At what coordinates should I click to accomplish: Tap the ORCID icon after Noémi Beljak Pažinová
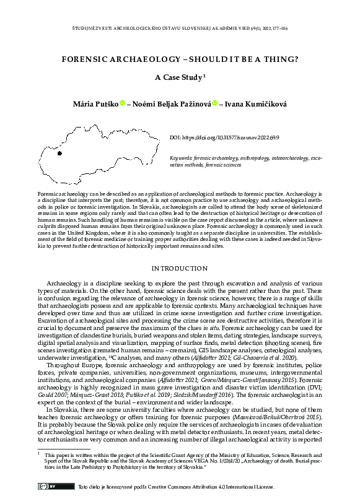point(214,103)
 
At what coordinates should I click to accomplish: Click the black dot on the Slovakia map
point(59,153)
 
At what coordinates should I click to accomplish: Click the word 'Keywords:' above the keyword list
point(182,159)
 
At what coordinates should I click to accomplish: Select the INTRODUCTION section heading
point(180,269)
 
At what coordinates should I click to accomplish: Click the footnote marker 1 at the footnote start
point(38,454)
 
